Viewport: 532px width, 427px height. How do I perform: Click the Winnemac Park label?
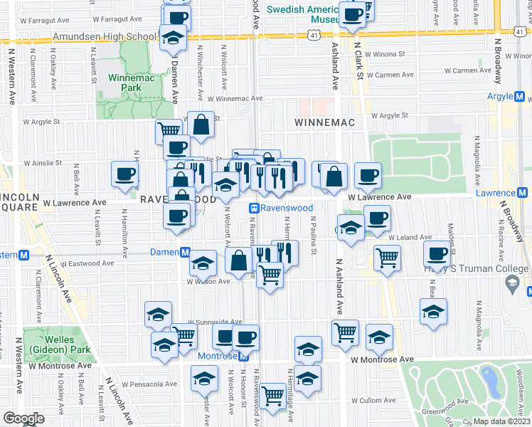pos(126,83)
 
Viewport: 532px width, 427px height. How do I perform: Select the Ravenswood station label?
pos(286,208)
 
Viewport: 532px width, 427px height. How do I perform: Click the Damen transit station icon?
pos(184,252)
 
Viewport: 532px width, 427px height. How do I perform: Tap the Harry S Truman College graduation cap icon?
pos(511,283)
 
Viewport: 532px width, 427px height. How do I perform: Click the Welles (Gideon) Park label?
pos(53,345)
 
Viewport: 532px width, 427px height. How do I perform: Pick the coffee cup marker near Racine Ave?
pos(437,253)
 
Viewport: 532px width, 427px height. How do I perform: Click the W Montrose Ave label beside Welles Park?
pos(63,366)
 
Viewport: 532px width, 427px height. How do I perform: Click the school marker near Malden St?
pos(433,311)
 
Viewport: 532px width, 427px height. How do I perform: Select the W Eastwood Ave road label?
pos(87,263)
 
